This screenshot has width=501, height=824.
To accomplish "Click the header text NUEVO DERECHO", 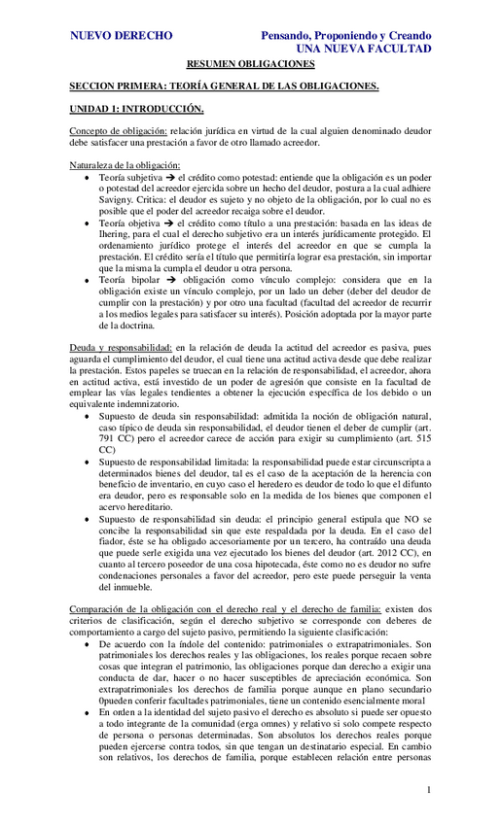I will (122, 36).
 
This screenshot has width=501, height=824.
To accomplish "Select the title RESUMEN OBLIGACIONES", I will (250, 65).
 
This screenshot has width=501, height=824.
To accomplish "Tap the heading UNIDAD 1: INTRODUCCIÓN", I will (137, 108).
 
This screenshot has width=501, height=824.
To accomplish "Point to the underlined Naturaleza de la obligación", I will (125, 165).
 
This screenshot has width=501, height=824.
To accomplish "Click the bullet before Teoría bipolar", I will (89, 279).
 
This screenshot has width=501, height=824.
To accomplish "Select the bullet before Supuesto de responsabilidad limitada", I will (89, 452).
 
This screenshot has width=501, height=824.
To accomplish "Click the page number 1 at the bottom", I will (428, 789).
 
